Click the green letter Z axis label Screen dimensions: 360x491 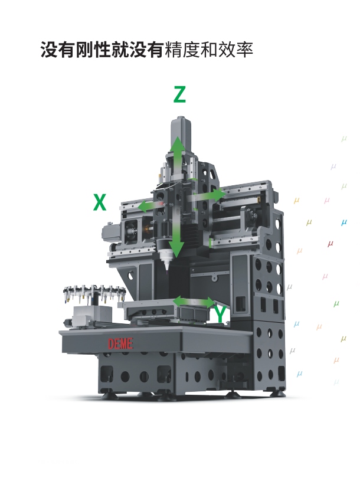pos(179,94)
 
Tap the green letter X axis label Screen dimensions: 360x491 pos(100,202)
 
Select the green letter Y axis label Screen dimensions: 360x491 pos(221,315)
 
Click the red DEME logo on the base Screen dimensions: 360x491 pos(120,344)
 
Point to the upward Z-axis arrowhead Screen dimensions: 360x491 pos(177,143)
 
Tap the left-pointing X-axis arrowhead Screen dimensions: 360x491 pos(142,207)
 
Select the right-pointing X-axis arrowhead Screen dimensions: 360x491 pos(220,194)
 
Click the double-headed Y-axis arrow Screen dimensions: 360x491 pos(194,302)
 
